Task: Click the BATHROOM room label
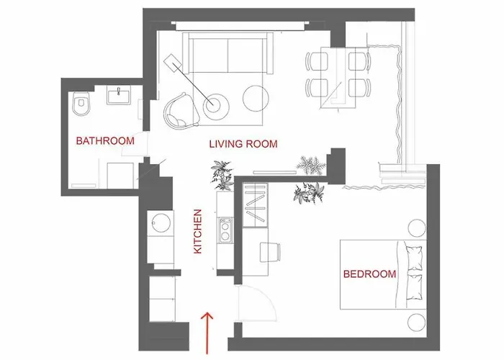[105, 141]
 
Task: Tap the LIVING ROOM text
[243, 144]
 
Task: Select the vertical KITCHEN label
[199, 231]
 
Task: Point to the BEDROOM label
[369, 274]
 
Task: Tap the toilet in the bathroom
[80, 104]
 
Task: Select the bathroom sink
[117, 95]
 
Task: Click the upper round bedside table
[416, 229]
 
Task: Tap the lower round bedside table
[416, 321]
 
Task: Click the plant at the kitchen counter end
[220, 175]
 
